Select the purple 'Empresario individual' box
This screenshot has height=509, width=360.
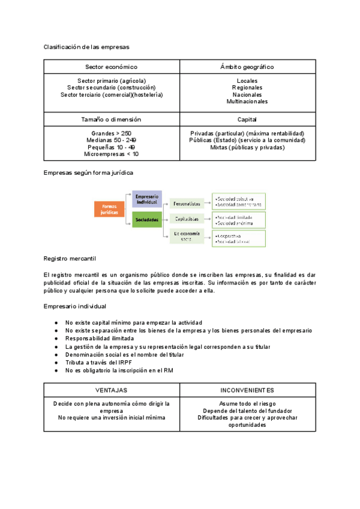[x=147, y=199]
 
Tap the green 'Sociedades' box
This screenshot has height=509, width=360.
[x=147, y=220]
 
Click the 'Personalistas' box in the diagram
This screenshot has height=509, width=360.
[x=187, y=203]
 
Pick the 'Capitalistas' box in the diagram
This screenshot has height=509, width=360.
[x=187, y=219]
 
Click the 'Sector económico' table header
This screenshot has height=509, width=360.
[x=111, y=67]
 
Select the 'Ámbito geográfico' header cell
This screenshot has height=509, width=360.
[x=247, y=67]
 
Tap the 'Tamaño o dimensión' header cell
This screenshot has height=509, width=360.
[x=111, y=119]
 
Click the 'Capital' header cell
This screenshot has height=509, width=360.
[x=247, y=119]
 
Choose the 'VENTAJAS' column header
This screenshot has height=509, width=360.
[x=111, y=390]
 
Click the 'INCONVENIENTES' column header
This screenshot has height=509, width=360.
[x=247, y=390]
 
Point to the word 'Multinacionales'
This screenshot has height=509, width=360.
[x=247, y=101]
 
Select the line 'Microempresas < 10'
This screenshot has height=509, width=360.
[x=111, y=154]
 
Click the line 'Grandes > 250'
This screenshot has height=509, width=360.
[x=111, y=133]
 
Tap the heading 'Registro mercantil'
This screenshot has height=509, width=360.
[x=70, y=258]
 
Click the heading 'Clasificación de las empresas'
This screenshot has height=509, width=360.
[x=86, y=46]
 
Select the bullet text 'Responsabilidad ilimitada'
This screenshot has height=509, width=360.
[x=100, y=339]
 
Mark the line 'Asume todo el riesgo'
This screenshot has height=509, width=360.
[x=247, y=403]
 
